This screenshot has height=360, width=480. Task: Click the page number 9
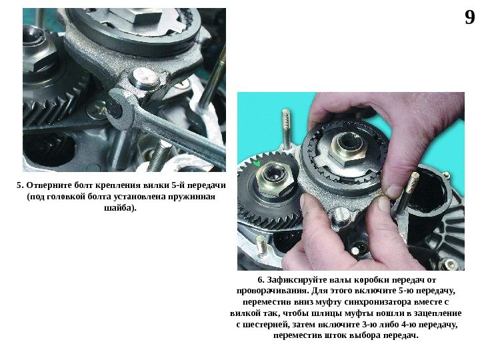point(470,17)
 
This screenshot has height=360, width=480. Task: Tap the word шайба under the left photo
point(118,208)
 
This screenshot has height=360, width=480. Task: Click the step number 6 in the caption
point(261,280)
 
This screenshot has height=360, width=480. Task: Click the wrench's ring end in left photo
point(120,109)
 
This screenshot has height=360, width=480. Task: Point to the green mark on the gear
point(257,163)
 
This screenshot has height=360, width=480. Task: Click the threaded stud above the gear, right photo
point(286,129)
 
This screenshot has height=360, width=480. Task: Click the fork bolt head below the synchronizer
point(341,215)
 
